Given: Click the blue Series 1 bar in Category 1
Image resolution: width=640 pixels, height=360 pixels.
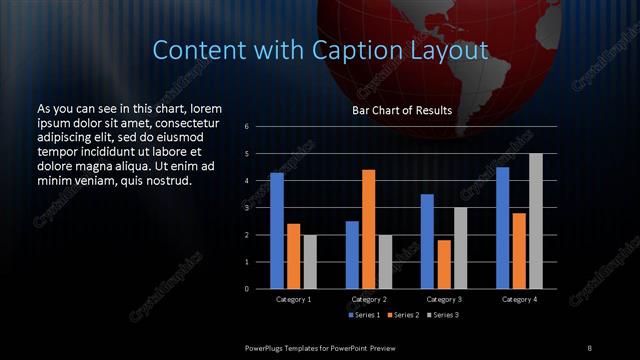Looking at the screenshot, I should click(x=277, y=230).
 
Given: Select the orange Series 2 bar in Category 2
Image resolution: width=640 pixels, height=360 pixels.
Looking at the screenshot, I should click(x=368, y=229).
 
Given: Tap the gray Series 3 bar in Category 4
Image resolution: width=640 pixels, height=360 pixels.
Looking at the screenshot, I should click(x=535, y=221).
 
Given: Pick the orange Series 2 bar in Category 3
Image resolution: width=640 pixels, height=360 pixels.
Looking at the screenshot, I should click(x=443, y=264).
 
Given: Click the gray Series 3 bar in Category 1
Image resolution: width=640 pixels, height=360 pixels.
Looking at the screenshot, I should click(x=310, y=261).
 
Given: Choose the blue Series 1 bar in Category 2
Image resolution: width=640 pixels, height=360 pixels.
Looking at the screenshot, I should click(x=352, y=254).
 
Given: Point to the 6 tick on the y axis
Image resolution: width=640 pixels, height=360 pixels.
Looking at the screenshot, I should click(x=246, y=127).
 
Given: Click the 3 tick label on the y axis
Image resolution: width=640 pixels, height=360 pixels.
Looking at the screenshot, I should click(x=246, y=208).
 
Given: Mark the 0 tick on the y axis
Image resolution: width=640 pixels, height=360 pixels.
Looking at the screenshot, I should click(x=246, y=289).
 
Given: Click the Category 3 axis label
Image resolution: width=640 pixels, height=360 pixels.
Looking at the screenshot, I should click(x=444, y=299).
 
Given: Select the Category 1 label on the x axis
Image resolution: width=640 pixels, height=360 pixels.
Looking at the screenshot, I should click(x=294, y=299).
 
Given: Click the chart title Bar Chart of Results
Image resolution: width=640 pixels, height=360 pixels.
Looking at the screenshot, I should click(x=402, y=110).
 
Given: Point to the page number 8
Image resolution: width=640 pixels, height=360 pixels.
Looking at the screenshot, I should click(x=589, y=348).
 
